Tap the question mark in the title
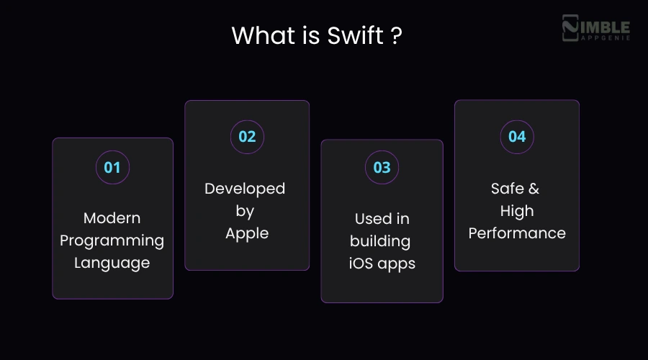tap(396, 35)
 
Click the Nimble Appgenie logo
tap(595, 30)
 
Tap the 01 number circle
tap(112, 168)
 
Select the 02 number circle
tap(247, 137)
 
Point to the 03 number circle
tap(382, 168)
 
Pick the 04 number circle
tap(517, 137)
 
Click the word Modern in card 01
tap(112, 218)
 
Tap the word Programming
tap(112, 240)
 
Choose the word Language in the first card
tap(112, 263)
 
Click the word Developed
tap(245, 189)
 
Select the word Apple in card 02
tap(247, 233)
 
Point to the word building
tap(381, 240)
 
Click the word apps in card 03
tap(397, 264)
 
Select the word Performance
tap(517, 233)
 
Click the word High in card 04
tap(517, 211)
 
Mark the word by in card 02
tap(246, 212)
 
